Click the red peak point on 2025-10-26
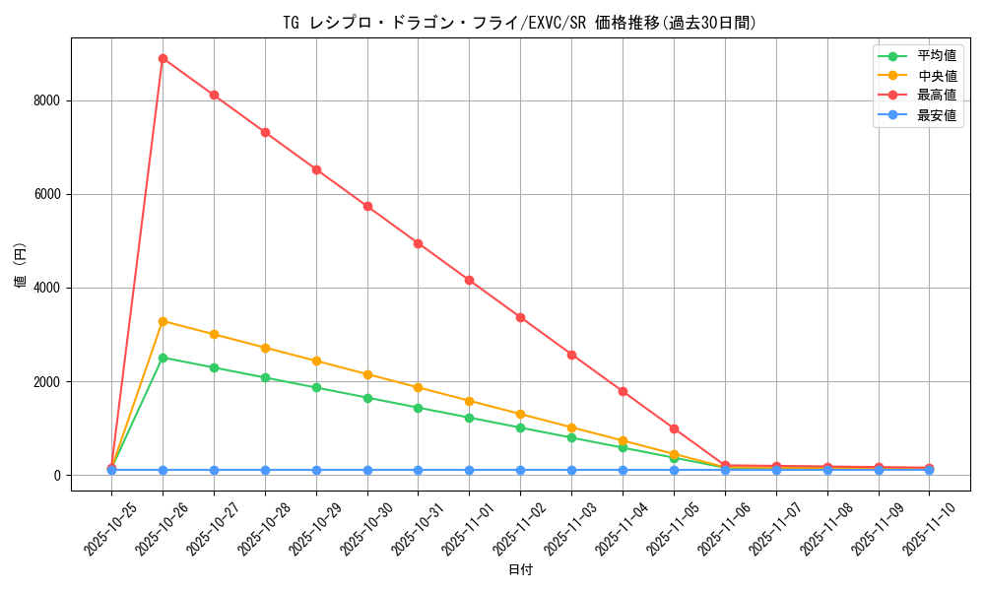[163, 58]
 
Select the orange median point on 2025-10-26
[163, 321]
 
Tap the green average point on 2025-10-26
[163, 358]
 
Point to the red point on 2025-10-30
[367, 206]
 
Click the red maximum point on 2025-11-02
[520, 317]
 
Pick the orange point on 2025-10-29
[316, 361]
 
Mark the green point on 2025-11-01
[469, 418]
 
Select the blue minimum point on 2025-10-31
[418, 470]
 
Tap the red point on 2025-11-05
[674, 428]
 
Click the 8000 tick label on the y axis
[46, 100]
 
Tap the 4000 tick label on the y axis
[46, 288]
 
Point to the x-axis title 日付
[520, 570]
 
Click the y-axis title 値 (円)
[21, 266]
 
